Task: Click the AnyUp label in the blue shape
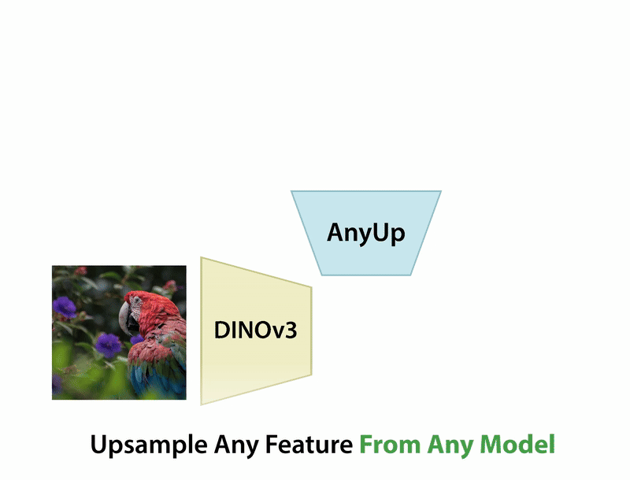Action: coord(366,234)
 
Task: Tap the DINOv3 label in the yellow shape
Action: coord(255,330)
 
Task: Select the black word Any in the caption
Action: coord(235,446)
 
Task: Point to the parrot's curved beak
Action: coord(123,319)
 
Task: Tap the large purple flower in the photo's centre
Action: coord(106,343)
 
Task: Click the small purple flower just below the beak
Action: coord(135,339)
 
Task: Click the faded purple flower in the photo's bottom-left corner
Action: coord(57,384)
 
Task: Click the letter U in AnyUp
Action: coord(380,233)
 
